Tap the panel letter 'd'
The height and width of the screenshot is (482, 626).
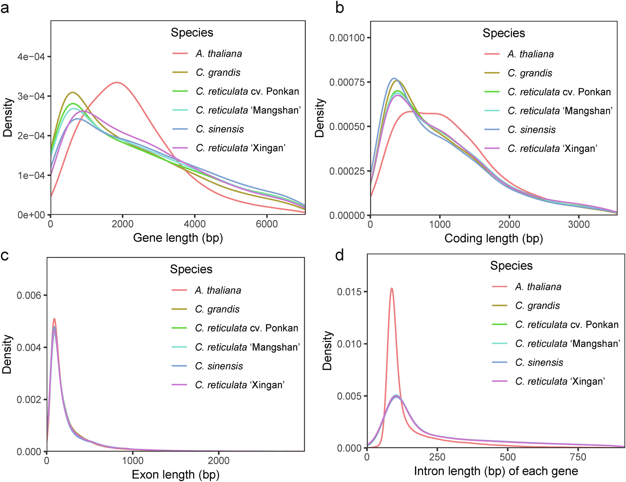[x=339, y=255]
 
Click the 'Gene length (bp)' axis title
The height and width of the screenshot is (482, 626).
[x=178, y=238]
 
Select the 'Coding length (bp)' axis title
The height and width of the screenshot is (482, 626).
[x=494, y=238]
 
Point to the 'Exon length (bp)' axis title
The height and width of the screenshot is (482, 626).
[x=176, y=474]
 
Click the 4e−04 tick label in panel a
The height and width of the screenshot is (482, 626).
[x=31, y=57]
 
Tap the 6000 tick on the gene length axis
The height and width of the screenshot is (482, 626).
[x=267, y=224]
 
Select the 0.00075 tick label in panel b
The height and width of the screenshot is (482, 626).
[x=347, y=82]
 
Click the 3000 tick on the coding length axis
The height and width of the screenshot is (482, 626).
[x=579, y=225]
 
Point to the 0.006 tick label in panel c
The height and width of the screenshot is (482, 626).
[x=29, y=295]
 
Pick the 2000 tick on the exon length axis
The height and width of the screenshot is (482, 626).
[x=218, y=461]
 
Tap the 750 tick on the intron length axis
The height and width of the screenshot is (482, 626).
[x=578, y=457]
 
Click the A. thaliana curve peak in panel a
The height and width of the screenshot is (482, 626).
[x=117, y=82]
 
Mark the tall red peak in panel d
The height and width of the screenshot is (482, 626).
[x=391, y=288]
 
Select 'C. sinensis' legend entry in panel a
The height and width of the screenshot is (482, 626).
[x=219, y=129]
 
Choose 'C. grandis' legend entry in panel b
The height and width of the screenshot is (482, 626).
[x=529, y=73]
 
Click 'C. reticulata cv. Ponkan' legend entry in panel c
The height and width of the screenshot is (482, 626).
[x=246, y=328]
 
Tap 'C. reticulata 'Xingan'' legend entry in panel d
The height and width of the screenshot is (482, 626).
[x=560, y=381]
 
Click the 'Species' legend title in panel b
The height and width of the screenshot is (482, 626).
[x=503, y=33]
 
